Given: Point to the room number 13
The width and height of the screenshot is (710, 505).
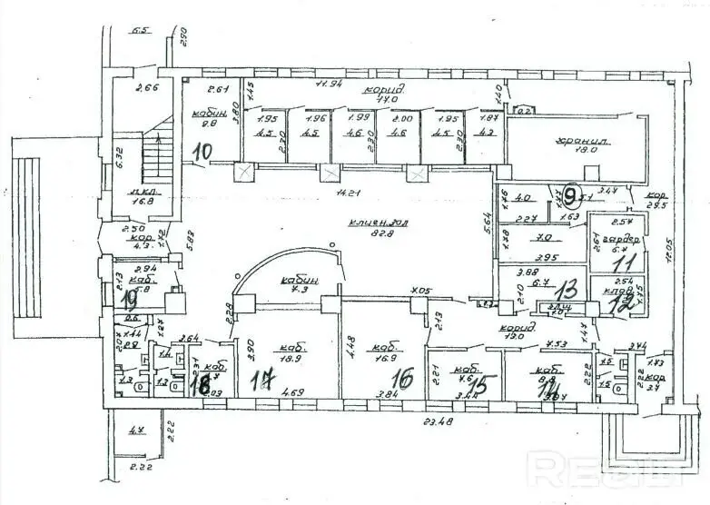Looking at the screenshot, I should tap(569, 290).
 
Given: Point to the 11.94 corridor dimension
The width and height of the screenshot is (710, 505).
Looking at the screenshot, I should tap(328, 84).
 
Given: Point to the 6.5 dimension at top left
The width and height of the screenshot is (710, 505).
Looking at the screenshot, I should tap(140, 32).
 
